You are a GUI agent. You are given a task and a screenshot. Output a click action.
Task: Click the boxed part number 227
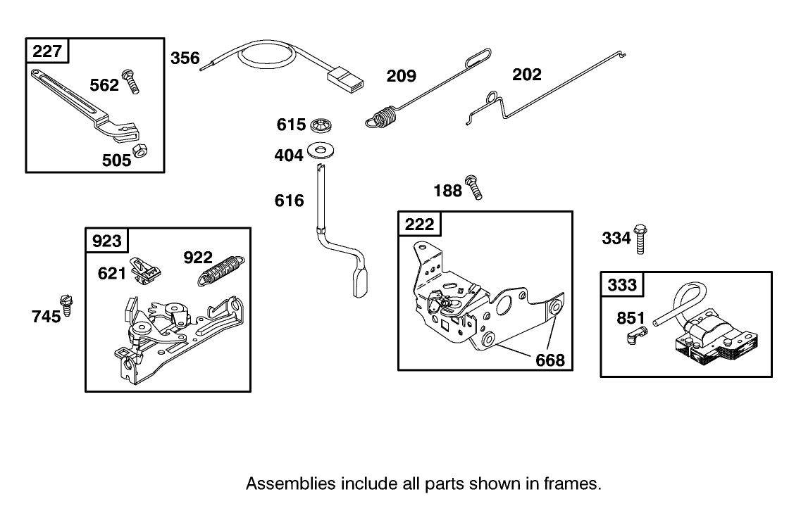tap(46, 51)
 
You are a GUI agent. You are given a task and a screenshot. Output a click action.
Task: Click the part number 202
tap(527, 75)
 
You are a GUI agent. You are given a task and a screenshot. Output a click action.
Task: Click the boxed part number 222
tap(420, 224)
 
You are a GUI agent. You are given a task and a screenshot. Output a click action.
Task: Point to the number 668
tap(549, 360)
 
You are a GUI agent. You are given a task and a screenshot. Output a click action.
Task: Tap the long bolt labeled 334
tap(640, 239)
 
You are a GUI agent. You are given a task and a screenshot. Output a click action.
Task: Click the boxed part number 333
tap(622, 285)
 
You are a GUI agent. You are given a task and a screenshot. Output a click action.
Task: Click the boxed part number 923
tap(106, 241)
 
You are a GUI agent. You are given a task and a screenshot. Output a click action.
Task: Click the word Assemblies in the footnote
tap(290, 484)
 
